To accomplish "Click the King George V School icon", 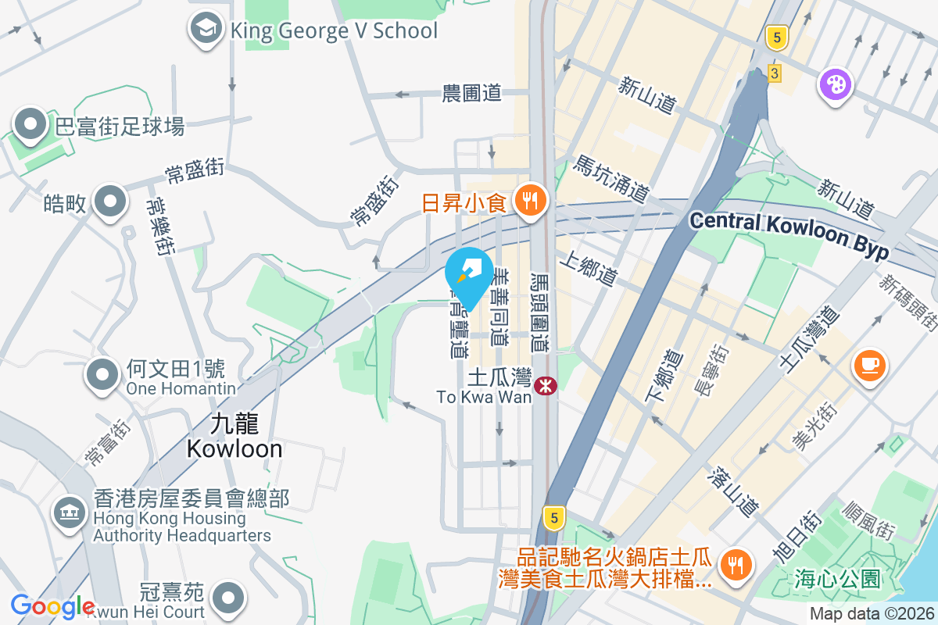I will (x=206, y=30).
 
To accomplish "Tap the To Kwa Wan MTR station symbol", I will (x=546, y=385).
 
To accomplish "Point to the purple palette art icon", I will (x=835, y=84).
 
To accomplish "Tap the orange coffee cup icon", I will (x=870, y=365).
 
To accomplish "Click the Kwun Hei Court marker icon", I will (x=228, y=597).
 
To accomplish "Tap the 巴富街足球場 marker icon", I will (x=30, y=124).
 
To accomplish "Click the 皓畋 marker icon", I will (x=109, y=202).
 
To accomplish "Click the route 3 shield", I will (x=774, y=73).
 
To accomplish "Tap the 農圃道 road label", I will (x=471, y=94).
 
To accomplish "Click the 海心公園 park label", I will (x=836, y=579).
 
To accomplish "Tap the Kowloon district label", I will (x=234, y=437).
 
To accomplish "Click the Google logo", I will (x=52, y=606).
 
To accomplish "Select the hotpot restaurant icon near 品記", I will (x=735, y=564).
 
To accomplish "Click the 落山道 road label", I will (x=733, y=491).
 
